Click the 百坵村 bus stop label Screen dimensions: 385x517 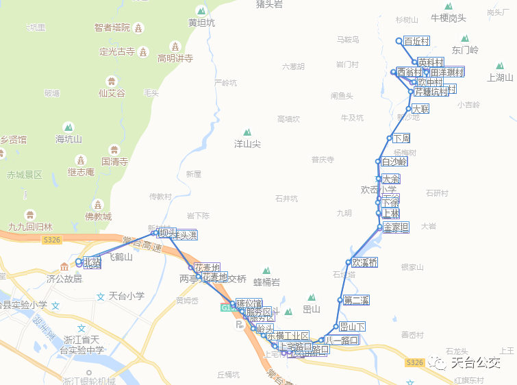point(416,41)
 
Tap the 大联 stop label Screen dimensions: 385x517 point(420,109)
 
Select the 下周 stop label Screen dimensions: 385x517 point(401,138)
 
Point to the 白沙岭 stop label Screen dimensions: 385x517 point(394,162)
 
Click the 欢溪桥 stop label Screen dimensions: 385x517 point(364,262)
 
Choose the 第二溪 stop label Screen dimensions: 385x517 point(356,300)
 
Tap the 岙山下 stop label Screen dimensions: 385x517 point(352,327)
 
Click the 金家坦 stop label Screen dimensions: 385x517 point(396,227)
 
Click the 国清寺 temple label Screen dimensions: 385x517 point(114,162)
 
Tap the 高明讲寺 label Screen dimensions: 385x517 point(175,58)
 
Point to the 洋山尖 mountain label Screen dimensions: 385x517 point(247,144)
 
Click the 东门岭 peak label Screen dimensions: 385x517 point(465,50)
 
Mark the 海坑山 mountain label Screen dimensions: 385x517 point(68,139)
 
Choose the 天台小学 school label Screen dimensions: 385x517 point(125,297)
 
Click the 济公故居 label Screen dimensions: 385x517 point(64,278)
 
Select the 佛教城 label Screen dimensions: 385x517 point(98,216)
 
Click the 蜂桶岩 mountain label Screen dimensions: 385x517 point(266,282)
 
